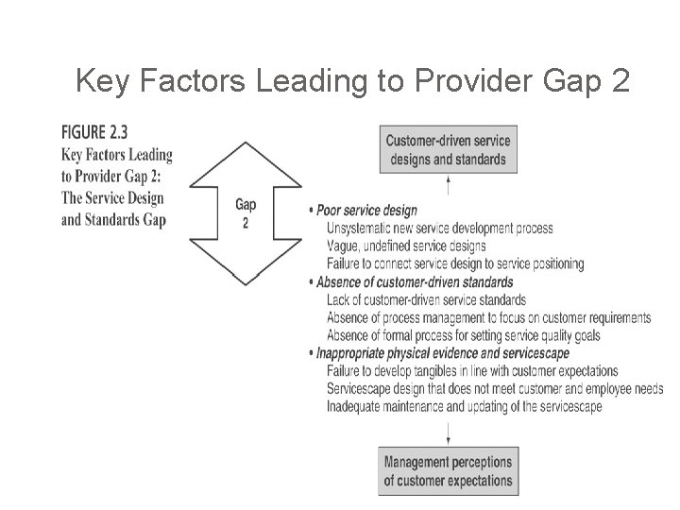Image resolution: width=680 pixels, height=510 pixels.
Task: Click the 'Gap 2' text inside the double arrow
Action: click(x=245, y=213)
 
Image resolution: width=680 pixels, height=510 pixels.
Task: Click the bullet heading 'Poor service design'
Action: click(x=366, y=211)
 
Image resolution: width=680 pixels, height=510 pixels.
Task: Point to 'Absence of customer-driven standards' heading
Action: click(x=415, y=281)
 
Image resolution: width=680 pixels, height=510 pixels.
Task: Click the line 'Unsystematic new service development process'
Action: click(x=439, y=229)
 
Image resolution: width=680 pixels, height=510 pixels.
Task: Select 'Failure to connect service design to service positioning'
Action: click(x=454, y=264)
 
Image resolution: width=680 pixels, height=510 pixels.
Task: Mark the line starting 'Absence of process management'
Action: click(x=488, y=317)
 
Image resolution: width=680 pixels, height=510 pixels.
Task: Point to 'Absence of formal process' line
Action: click(x=463, y=335)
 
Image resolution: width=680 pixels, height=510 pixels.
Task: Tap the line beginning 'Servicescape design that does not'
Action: click(x=494, y=389)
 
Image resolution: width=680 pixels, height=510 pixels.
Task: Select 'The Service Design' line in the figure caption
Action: click(x=112, y=198)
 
